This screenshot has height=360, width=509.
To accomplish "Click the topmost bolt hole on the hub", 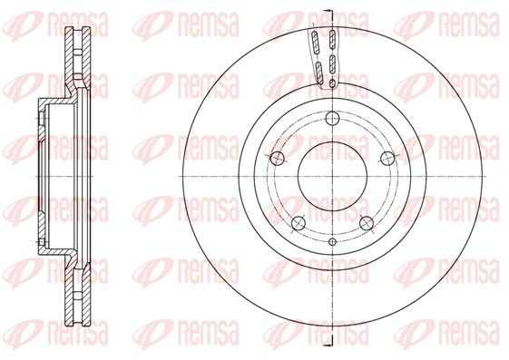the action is click(332, 118).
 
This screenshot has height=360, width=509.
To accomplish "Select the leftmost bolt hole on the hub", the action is click(278, 158).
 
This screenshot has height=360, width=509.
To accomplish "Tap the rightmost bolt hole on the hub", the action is click(387, 158).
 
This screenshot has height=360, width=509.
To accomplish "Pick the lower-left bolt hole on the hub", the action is click(299, 222).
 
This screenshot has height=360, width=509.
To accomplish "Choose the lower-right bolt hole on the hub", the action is click(367, 222).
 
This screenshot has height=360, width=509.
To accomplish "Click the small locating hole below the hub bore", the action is click(332, 241).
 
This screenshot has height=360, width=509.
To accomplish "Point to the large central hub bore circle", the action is click(332, 176).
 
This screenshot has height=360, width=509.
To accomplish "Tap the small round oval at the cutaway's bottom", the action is click(332, 83).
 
